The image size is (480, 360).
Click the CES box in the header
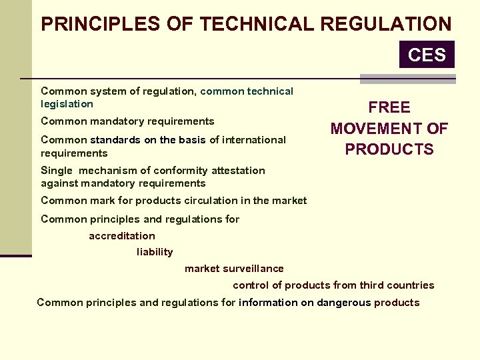[x=427, y=55]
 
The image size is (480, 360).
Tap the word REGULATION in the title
[x=386, y=25]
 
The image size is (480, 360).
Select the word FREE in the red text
[x=389, y=108]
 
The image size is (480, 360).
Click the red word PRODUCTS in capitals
[x=389, y=149]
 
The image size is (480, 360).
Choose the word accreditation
[x=122, y=236]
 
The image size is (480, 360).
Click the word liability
[x=155, y=252]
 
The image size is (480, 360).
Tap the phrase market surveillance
[x=234, y=269]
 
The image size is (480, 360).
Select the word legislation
[x=67, y=104]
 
